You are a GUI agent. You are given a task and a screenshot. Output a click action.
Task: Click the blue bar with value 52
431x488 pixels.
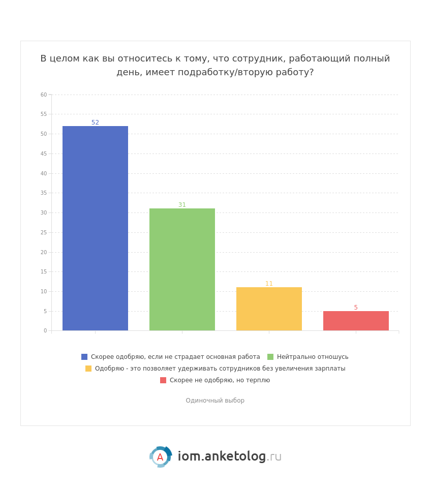95,228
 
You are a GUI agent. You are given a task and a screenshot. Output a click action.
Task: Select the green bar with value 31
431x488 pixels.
182,269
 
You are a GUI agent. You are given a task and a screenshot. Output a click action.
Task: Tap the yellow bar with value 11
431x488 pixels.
269,309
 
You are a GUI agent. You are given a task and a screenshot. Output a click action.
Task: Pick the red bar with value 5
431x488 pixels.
356,321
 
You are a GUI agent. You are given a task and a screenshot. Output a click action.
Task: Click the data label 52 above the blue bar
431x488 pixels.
95,123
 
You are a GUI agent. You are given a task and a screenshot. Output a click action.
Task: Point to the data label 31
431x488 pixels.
182,205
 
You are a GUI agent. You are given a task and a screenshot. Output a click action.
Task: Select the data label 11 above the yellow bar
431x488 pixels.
269,284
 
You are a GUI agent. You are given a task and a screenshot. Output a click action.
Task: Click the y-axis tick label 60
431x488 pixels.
44,95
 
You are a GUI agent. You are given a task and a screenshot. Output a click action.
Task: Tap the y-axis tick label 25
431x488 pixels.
44,232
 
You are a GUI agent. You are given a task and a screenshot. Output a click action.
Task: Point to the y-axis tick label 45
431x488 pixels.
44,154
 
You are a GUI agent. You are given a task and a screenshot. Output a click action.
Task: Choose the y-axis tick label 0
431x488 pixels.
45,330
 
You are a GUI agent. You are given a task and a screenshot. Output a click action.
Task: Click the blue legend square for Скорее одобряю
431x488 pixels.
84,357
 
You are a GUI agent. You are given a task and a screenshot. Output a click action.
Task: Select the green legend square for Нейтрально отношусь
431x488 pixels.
270,357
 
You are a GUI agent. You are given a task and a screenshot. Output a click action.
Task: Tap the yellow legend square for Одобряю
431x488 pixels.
88,369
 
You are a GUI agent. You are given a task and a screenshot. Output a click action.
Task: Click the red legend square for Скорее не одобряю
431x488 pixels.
163,380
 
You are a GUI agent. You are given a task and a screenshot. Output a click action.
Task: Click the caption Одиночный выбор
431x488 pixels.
215,401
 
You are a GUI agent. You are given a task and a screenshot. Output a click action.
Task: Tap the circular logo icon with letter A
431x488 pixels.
160,457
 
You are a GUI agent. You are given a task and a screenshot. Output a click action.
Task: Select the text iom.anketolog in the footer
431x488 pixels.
222,456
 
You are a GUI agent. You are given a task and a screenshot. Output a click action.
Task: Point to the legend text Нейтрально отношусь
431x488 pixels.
313,357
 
